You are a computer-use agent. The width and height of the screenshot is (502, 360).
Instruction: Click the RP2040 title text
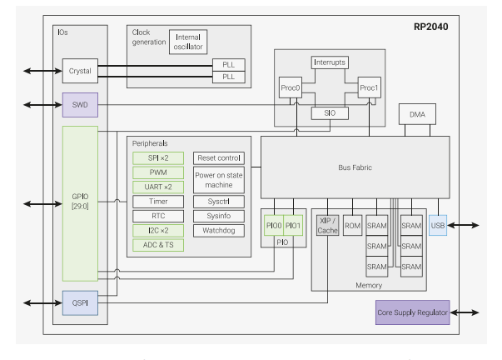[x=431, y=27]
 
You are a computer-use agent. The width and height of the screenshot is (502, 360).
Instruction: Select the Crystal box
[x=81, y=71]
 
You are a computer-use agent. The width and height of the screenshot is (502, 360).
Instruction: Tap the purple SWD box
[x=81, y=105]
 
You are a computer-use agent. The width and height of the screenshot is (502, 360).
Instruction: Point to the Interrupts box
[x=330, y=62]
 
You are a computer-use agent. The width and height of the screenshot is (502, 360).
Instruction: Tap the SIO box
[x=330, y=113]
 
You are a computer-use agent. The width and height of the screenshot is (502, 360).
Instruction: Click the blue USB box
[x=439, y=225]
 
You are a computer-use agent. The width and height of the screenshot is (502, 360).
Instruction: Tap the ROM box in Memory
[x=352, y=225]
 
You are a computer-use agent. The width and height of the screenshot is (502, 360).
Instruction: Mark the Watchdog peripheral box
[x=219, y=229]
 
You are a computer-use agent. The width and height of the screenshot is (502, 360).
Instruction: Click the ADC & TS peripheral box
[x=158, y=244]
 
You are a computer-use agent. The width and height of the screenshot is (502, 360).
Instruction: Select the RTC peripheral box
[x=158, y=215]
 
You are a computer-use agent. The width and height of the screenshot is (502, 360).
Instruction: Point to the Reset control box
[x=219, y=157]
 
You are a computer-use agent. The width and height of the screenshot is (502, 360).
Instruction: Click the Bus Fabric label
[x=354, y=167]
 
